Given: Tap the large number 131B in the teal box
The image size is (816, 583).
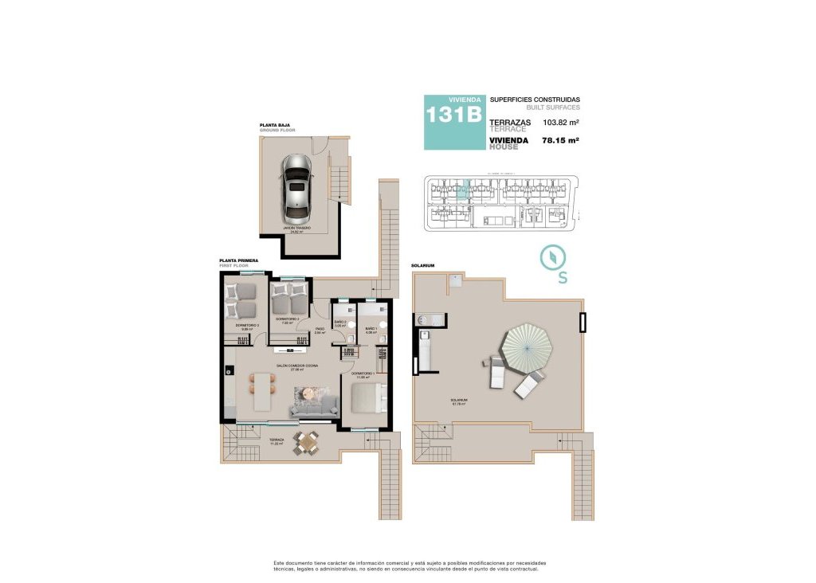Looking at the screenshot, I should [453, 115].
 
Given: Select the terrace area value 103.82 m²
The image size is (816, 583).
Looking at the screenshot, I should [560, 123].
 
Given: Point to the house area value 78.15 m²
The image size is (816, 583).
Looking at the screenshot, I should [560, 140].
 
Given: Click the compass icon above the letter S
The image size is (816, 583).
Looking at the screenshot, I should [551, 258].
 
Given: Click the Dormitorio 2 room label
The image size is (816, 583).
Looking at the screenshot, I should [287, 319].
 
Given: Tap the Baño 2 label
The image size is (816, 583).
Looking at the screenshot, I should [339, 322].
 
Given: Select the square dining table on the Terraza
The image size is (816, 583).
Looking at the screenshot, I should [305, 444].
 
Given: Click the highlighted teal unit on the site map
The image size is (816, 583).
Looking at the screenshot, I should [463, 190].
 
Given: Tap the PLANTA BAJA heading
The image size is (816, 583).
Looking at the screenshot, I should [274, 125].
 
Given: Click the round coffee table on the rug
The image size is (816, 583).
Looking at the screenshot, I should [307, 393].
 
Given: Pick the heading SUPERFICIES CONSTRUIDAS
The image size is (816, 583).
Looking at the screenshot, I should [535, 100].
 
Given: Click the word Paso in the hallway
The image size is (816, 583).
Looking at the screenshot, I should [319, 328].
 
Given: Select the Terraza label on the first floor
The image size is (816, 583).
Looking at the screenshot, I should [277, 440].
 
